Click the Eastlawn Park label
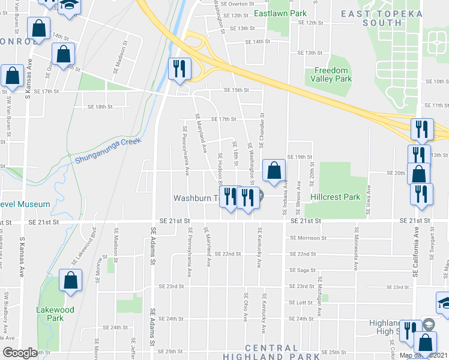point(280,13)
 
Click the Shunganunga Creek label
point(108,150)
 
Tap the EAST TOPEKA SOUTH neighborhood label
point(382,18)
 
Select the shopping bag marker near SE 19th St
point(274,171)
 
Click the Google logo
point(20,353)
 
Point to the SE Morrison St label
point(307,238)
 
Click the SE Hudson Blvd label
point(221,169)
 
